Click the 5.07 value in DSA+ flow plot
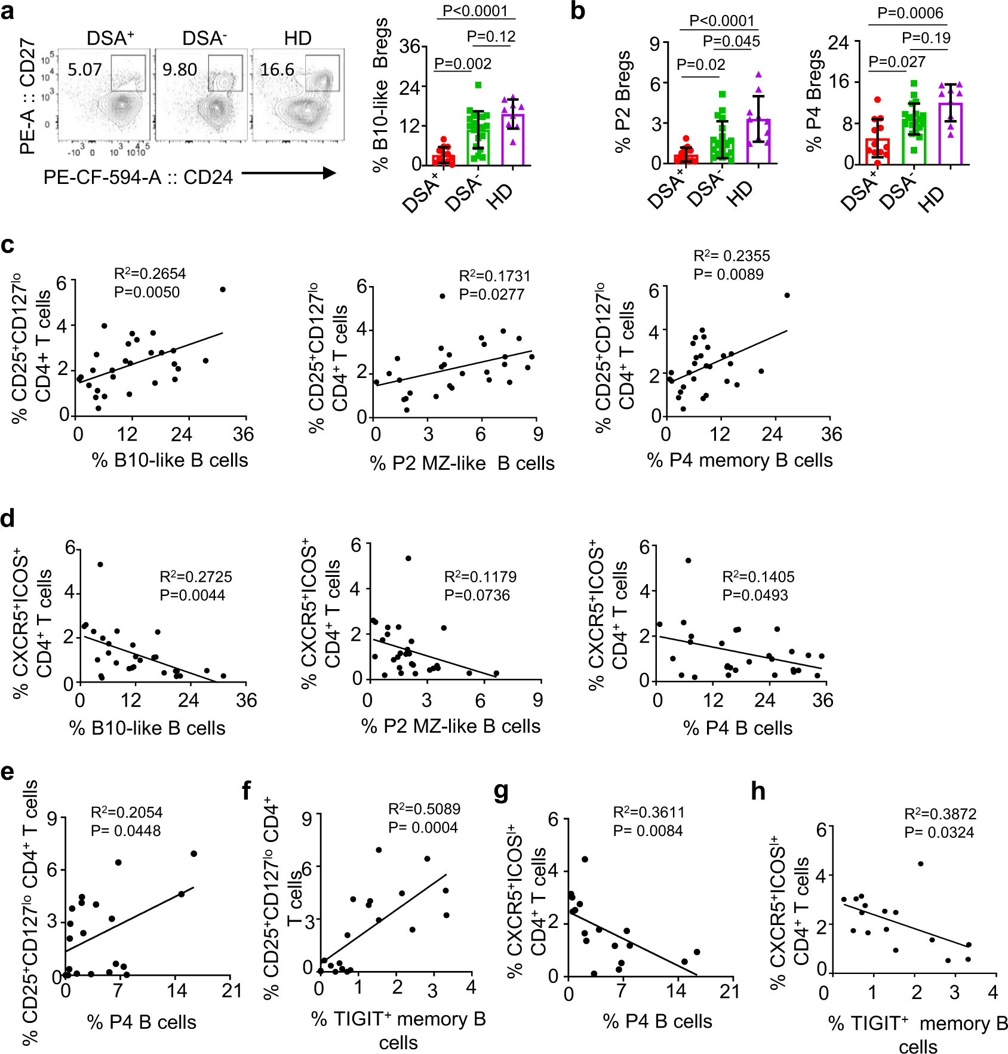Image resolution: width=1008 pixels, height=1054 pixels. point(84,70)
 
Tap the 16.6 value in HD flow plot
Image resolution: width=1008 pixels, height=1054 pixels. point(276,70)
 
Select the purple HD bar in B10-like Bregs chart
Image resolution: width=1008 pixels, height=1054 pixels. point(512,139)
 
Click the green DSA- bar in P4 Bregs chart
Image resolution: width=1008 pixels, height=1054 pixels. point(914,139)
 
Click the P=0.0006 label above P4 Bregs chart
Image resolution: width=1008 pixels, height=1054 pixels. point(910,13)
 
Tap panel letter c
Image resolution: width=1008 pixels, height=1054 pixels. point(7,245)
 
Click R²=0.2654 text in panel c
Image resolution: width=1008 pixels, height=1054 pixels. point(150,274)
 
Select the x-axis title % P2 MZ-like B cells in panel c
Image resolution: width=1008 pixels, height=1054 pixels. point(462,463)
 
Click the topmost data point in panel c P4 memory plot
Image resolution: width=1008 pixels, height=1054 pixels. point(787,296)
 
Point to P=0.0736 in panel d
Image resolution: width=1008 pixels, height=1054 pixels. point(477,595)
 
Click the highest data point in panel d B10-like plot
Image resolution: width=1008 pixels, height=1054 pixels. point(100,564)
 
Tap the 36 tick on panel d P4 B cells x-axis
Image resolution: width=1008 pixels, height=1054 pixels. point(822,700)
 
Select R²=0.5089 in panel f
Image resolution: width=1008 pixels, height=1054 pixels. point(424,809)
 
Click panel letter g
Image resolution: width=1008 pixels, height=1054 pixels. point(501,791)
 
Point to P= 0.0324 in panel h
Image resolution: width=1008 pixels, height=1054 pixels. point(939,832)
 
